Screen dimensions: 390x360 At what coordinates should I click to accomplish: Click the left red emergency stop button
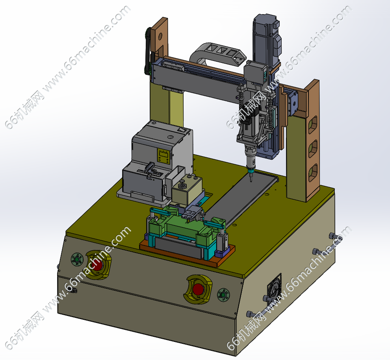tap(98, 265)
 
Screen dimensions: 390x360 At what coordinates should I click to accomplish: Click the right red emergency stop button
tap(199, 289)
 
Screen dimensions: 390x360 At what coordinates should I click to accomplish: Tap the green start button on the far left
tap(76, 260)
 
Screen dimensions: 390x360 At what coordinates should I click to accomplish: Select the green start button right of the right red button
tap(223, 295)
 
